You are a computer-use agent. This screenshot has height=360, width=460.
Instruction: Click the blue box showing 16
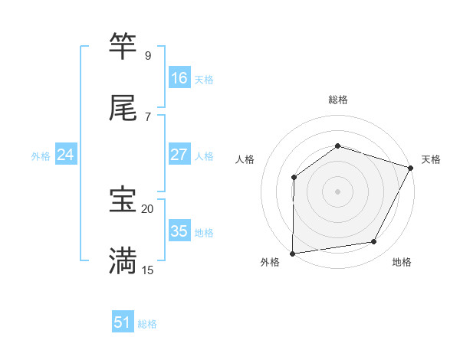[x=179, y=78]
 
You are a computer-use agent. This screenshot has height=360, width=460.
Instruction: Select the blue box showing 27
[x=179, y=155]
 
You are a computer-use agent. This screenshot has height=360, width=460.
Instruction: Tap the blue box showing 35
[x=179, y=231]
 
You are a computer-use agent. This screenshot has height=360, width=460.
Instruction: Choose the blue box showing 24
[x=66, y=155]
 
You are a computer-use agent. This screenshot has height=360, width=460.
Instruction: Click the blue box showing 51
[x=123, y=322]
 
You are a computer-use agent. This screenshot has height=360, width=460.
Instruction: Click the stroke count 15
[x=147, y=270]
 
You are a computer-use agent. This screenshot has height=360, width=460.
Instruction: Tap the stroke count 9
[x=147, y=56]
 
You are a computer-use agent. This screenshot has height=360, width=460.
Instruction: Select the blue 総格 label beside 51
[x=147, y=324]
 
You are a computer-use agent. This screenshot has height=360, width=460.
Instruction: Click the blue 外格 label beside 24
[x=41, y=156]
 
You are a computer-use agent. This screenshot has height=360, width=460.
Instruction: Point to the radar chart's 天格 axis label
[x=431, y=159]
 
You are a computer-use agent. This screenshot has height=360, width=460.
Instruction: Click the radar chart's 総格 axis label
[x=337, y=100]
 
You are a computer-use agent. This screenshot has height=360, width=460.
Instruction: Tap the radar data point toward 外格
[x=292, y=254]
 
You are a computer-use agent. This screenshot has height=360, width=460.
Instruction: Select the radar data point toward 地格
[x=374, y=242]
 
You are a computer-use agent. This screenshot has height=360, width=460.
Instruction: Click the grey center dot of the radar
[x=337, y=191]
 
